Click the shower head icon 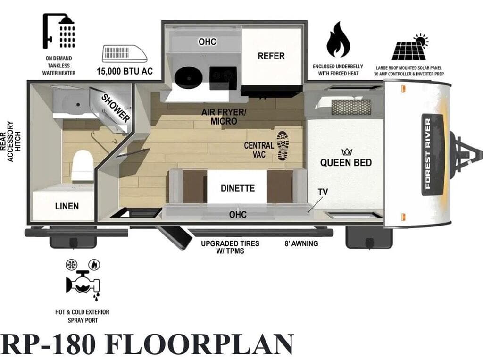pos(58,31)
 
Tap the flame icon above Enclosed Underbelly pos(338,40)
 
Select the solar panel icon pos(410,47)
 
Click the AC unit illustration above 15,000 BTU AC pos(125,54)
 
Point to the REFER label pos(271,56)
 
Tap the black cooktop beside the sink pos(223,78)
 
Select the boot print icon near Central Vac pos(283,145)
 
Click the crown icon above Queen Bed pos(347,151)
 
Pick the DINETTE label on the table pos(238,188)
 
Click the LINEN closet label pos(67,206)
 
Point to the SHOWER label pos(116,108)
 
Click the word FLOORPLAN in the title pos(200,343)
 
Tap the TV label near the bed pos(323,192)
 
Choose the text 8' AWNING pos(301,243)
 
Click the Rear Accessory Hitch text pos(10,141)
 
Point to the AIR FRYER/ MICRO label pos(224,117)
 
